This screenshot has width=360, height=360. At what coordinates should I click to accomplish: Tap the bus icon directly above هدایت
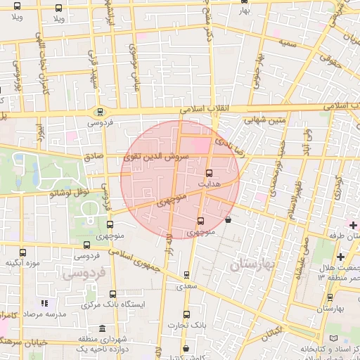tap(209, 172)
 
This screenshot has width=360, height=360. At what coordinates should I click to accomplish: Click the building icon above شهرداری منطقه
tap(103, 329)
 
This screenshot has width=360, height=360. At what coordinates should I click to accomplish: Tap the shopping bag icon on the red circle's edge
tap(227, 219)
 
